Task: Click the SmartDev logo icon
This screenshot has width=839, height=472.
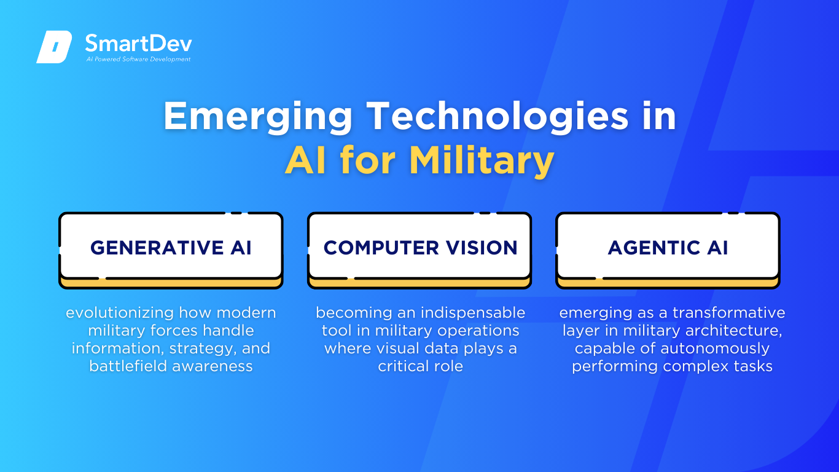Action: coord(54,47)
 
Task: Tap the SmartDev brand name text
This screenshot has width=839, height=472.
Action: coord(139,44)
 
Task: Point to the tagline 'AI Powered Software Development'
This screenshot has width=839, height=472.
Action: coord(139,59)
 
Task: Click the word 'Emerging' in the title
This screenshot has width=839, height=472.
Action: coord(258,117)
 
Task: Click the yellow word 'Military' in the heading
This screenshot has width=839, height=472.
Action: coord(482,161)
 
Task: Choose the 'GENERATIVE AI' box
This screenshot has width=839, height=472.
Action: coord(171,250)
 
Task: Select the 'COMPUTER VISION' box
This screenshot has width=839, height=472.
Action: coord(419,250)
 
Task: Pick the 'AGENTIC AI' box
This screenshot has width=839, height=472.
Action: coord(668,250)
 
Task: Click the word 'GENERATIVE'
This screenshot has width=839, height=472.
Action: coord(157,248)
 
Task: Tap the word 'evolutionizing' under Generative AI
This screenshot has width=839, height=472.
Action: coord(120,313)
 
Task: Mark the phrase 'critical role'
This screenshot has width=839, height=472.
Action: coord(420,366)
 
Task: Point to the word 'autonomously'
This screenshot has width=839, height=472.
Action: coord(715,349)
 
